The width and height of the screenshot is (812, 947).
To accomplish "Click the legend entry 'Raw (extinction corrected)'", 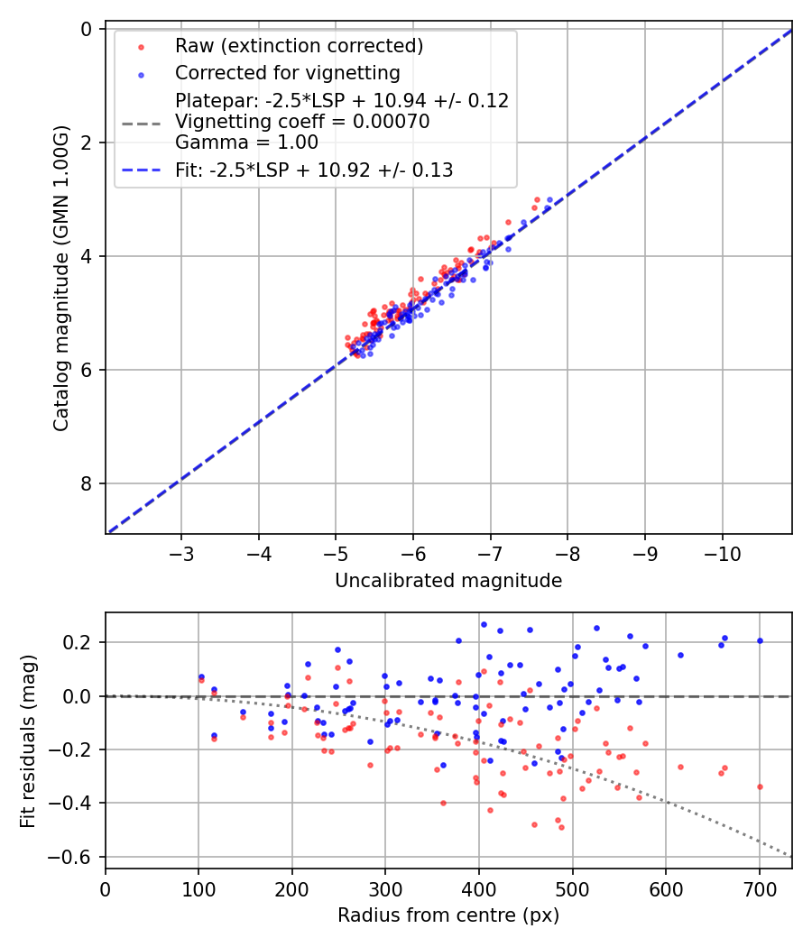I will pyautogui.click(x=299, y=46).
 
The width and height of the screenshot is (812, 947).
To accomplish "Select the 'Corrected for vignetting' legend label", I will pyautogui.click(x=288, y=73).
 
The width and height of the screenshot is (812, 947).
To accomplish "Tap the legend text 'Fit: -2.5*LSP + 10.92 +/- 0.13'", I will pyautogui.click(x=314, y=170).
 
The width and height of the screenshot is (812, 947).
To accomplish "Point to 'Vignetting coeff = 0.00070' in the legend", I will pyautogui.click(x=302, y=122).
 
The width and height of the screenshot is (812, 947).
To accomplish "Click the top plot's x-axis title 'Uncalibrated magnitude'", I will pyautogui.click(x=448, y=581).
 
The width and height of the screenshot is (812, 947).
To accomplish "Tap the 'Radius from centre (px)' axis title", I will pyautogui.click(x=448, y=915).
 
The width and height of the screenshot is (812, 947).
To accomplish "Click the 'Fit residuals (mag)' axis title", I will pyautogui.click(x=29, y=740).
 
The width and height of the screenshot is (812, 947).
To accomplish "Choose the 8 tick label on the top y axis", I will pyautogui.click(x=87, y=484).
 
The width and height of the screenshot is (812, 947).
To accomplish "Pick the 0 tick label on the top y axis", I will pyautogui.click(x=87, y=30).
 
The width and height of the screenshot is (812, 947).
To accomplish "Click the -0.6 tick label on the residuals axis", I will pyautogui.click(x=76, y=857).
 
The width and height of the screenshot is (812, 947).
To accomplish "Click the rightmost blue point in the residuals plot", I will pyautogui.click(x=760, y=641).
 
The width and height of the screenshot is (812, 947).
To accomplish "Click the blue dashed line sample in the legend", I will pyautogui.click(x=141, y=170).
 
